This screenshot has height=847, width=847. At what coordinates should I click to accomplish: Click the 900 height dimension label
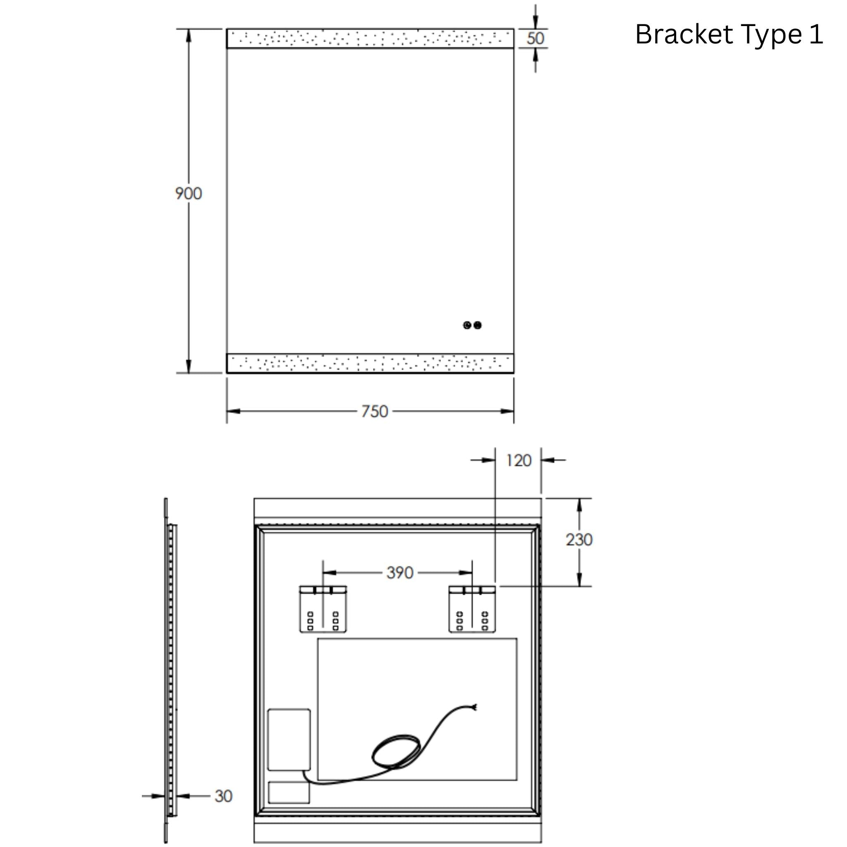pyautogui.click(x=189, y=193)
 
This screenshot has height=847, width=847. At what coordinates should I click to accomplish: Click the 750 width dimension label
pyautogui.click(x=374, y=411)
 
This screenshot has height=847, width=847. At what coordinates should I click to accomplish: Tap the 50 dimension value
pyautogui.click(x=535, y=38)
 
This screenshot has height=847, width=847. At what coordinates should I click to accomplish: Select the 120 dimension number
pyautogui.click(x=518, y=460)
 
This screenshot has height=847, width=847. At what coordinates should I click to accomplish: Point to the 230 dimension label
pyautogui.click(x=579, y=540)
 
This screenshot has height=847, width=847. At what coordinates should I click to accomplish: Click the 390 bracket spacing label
pyautogui.click(x=400, y=572)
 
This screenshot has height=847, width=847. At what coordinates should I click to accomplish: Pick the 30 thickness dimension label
pyautogui.click(x=223, y=796)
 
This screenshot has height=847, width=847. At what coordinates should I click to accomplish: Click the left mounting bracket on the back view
pyautogui.click(x=323, y=609)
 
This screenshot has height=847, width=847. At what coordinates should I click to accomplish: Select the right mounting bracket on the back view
pyautogui.click(x=472, y=609)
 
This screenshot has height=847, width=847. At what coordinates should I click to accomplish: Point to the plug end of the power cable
pyautogui.click(x=474, y=707)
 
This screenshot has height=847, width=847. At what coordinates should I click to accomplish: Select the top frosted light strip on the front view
pyautogui.click(x=370, y=38)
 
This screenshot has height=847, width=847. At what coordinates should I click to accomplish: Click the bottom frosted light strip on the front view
pyautogui.click(x=370, y=363)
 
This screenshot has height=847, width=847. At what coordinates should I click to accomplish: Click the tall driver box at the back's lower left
pyautogui.click(x=289, y=739)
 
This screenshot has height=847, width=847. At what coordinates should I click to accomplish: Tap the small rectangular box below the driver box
pyautogui.click(x=289, y=793)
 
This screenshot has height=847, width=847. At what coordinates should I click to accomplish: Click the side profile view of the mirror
pyautogui.click(x=171, y=671)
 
